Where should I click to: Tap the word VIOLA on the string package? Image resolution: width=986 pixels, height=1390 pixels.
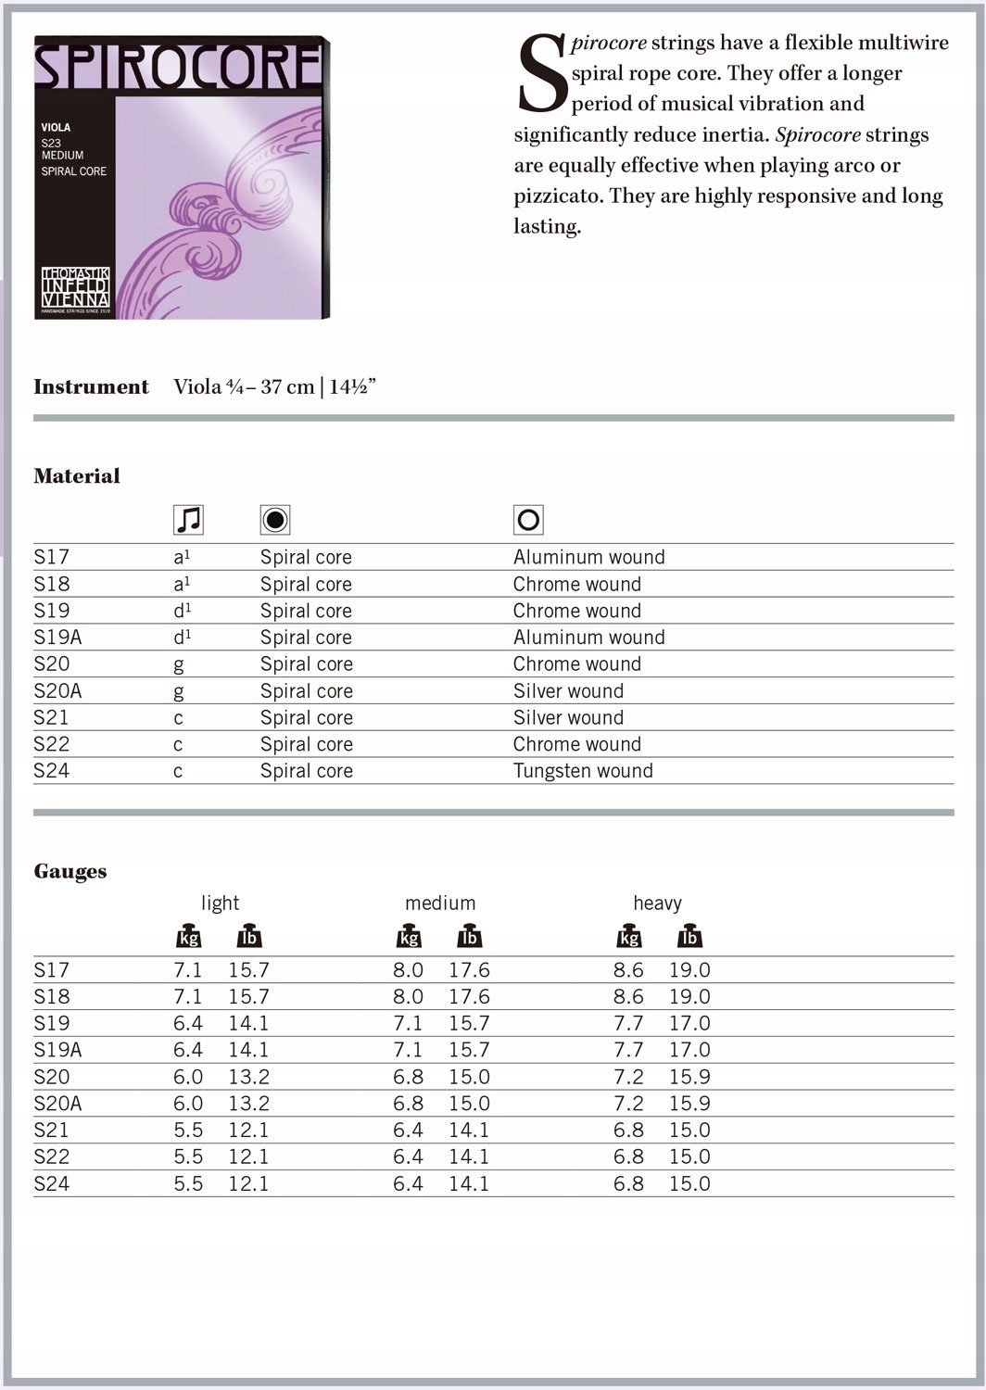click(56, 127)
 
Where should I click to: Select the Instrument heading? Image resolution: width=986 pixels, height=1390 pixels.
click(91, 386)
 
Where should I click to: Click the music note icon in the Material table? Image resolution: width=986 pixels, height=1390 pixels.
click(188, 520)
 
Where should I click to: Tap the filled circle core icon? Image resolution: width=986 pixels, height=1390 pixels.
click(275, 520)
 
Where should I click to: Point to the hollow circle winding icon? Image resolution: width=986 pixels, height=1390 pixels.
click(528, 520)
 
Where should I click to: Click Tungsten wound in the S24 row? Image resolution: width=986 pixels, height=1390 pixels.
click(583, 771)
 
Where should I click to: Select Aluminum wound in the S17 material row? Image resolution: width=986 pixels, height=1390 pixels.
click(588, 557)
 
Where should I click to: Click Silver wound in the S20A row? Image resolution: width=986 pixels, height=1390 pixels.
click(568, 691)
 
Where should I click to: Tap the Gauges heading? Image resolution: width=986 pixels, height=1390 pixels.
click(70, 871)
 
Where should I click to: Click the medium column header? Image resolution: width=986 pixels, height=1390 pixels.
click(440, 903)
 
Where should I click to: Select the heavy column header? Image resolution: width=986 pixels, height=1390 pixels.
click(657, 903)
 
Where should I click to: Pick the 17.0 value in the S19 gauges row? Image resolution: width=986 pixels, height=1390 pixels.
click(689, 1023)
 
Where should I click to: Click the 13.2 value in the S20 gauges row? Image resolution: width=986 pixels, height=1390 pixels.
click(248, 1077)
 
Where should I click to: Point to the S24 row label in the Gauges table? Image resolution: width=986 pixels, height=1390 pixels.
click(51, 1183)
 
